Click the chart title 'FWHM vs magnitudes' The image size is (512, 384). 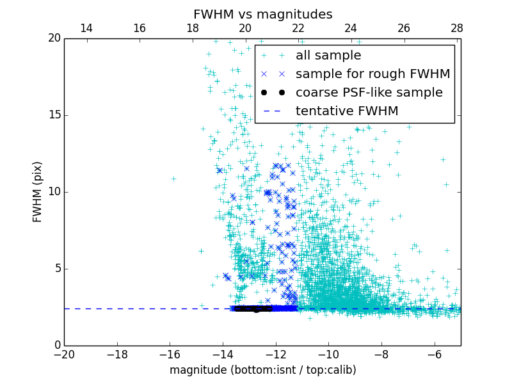(x=262, y=14)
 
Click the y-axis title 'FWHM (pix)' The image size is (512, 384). (x=38, y=191)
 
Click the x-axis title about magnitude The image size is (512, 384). (x=262, y=370)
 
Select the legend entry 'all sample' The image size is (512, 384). (x=328, y=56)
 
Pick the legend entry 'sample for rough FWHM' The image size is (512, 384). (x=372, y=74)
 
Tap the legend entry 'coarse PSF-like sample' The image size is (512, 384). (x=369, y=93)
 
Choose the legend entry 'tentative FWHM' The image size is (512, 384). (x=347, y=111)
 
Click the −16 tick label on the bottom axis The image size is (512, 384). (x=170, y=354)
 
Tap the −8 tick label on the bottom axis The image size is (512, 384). (x=381, y=354)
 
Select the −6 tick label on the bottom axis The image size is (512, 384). (x=434, y=354)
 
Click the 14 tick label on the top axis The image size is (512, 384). (x=86, y=28)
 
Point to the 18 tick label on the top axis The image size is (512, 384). (x=192, y=28)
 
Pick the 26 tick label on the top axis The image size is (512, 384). (x=403, y=28)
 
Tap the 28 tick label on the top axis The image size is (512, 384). (x=456, y=28)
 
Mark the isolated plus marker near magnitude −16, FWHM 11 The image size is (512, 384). (x=173, y=179)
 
